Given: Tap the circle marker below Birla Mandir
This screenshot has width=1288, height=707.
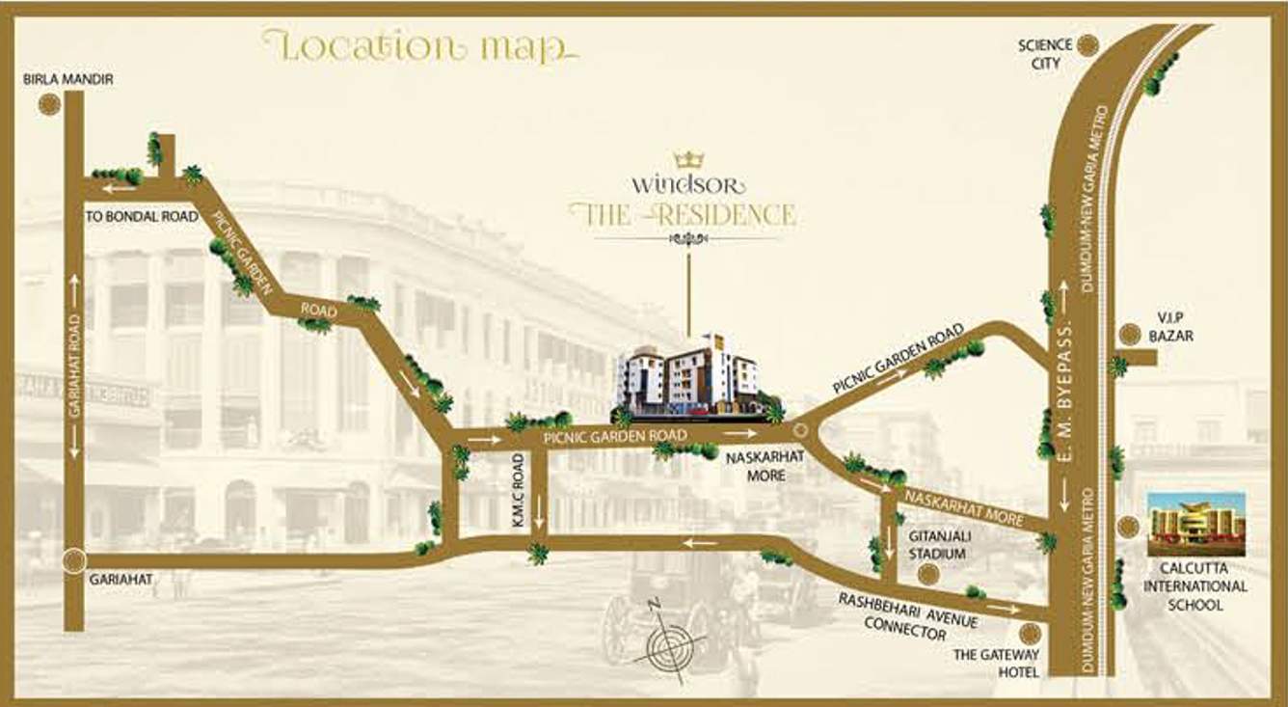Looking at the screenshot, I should tap(49, 106).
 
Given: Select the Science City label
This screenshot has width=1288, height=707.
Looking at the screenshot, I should tap(1045, 54).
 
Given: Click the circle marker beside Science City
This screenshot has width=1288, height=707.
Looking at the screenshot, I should tap(1088, 44).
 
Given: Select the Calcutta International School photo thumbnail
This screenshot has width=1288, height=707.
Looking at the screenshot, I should tap(1195, 523).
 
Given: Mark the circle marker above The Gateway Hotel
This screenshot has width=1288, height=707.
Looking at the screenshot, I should tap(1031, 634).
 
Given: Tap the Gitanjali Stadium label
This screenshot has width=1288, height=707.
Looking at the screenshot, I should tap(937, 544).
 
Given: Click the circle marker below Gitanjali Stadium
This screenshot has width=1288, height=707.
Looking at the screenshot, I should tap(927, 574).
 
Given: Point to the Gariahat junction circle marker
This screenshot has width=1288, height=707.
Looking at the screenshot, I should tap(73, 560).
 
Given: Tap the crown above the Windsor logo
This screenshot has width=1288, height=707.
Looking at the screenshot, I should tap(689, 158).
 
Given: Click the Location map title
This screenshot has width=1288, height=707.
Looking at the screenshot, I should tap(419, 46).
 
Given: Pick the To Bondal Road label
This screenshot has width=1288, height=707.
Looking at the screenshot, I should tap(142, 217).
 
